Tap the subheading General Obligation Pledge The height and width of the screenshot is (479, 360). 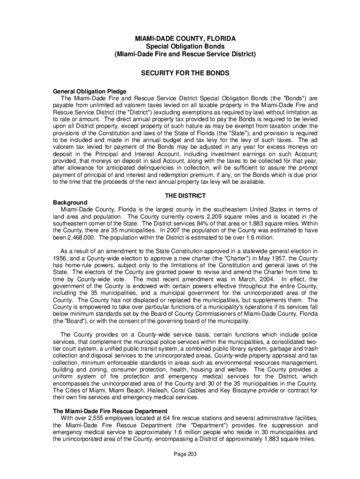(90, 91)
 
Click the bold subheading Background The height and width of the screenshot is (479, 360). (70, 202)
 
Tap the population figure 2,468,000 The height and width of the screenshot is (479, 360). (73, 238)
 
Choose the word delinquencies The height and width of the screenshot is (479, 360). (164, 168)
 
